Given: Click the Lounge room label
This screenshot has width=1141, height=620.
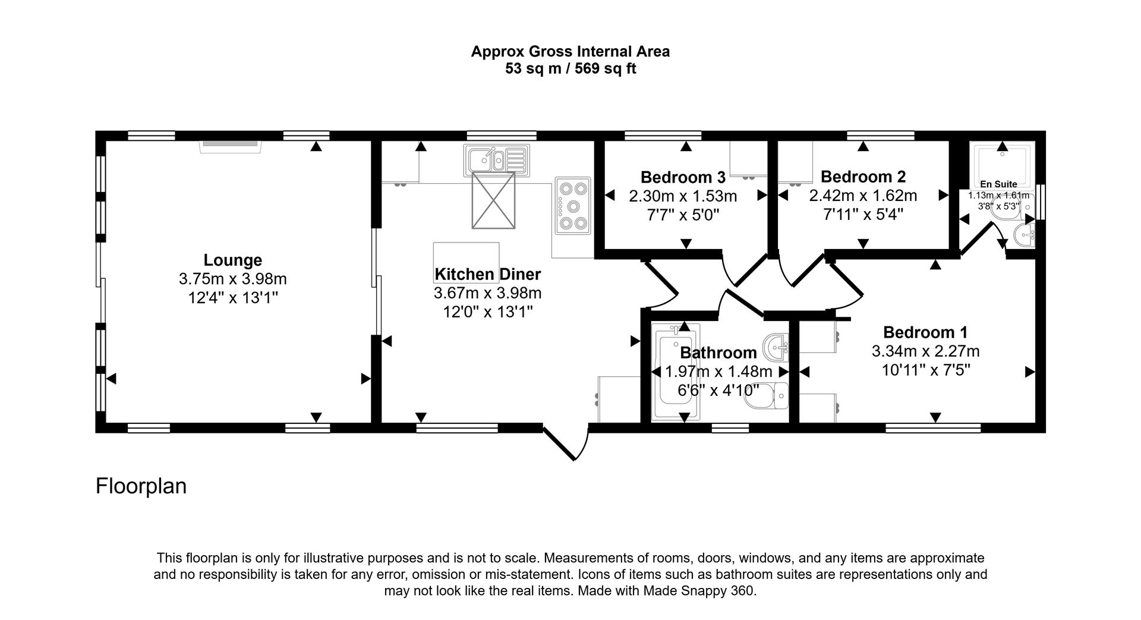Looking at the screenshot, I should click(232, 260).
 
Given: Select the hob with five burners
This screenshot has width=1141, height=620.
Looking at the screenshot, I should click(573, 206).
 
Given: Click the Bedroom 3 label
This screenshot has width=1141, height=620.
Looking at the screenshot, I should click(683, 177).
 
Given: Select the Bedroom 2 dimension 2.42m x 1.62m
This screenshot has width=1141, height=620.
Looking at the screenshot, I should click(863, 196).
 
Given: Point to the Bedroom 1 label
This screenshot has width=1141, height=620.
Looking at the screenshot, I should click(925, 332).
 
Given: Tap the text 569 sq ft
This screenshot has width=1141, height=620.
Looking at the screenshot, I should click(602, 69).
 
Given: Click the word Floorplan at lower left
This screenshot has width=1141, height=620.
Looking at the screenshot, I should click(141, 486).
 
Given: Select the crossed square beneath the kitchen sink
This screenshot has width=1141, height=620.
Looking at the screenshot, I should click(493, 200).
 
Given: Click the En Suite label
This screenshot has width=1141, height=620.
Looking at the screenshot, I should click(998, 184).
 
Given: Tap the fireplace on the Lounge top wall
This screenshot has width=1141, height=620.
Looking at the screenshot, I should click(230, 145).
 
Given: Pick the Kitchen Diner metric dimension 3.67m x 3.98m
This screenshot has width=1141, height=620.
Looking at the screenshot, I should click(487, 293).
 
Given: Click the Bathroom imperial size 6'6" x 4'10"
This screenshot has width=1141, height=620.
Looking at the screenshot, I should click(718, 391).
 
